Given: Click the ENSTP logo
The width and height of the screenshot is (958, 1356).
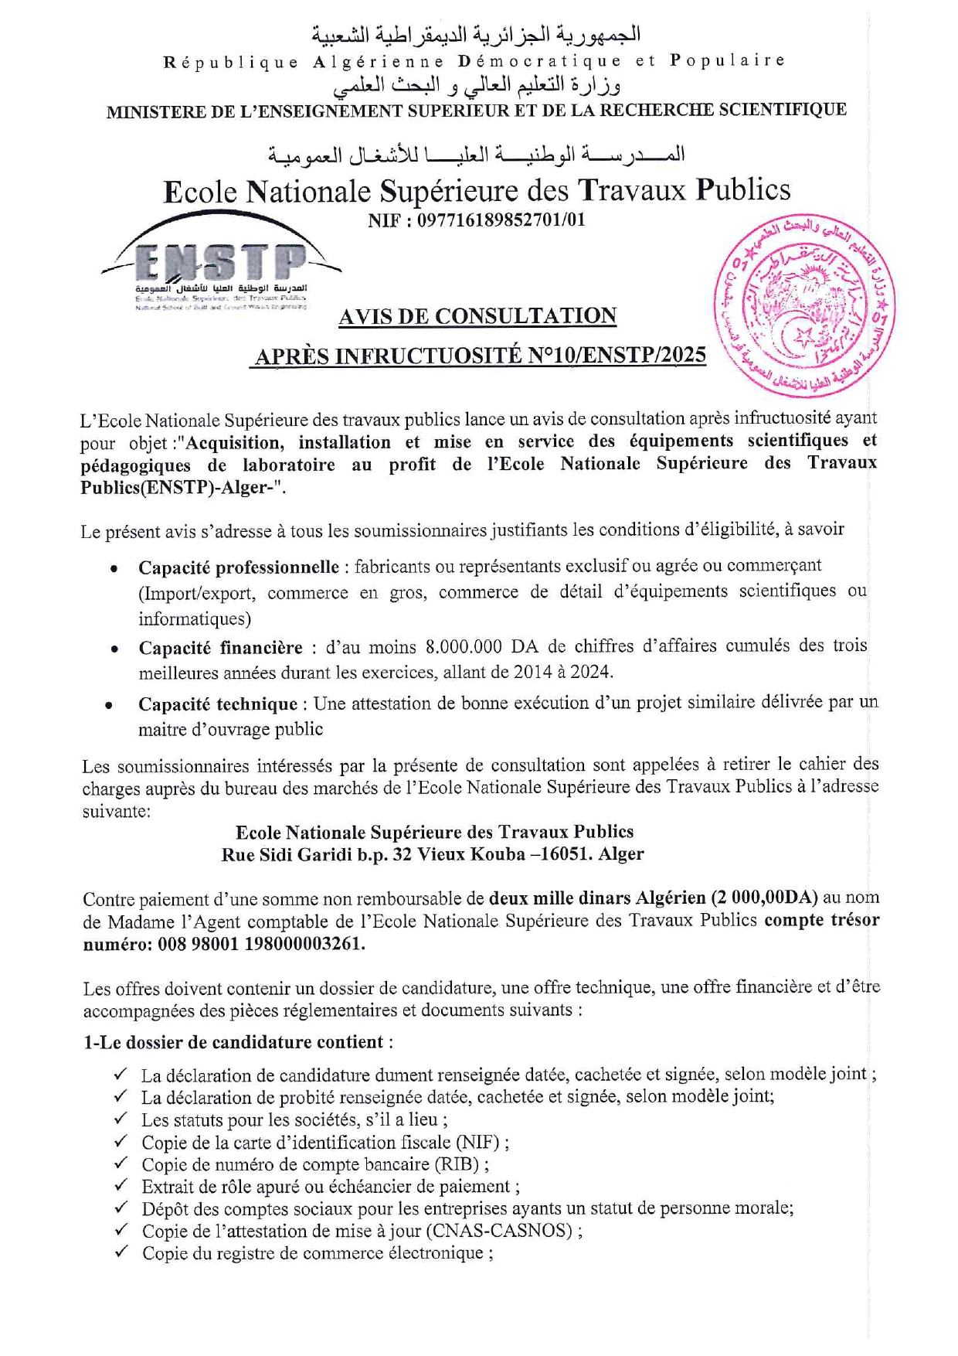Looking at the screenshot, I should pos(221,267).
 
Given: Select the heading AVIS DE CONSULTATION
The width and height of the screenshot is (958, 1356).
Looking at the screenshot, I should pos(477,316).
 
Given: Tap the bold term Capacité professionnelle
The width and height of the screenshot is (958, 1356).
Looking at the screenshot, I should pos(239,567).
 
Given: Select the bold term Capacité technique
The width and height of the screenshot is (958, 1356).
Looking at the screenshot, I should pos(218,704).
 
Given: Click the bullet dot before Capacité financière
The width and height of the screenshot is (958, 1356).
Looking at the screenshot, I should pos(114,649).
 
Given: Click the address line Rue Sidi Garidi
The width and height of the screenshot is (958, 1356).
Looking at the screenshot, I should pos(432,854).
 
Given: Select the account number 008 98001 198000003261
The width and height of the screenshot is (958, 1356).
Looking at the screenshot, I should pos(261,944).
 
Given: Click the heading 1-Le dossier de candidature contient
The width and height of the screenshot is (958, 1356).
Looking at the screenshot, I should pos(233,1042).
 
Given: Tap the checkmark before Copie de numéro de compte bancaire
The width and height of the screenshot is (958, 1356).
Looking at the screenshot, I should pos(121,1164).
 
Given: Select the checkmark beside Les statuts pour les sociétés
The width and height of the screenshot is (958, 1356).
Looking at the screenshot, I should pos(121,1119).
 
